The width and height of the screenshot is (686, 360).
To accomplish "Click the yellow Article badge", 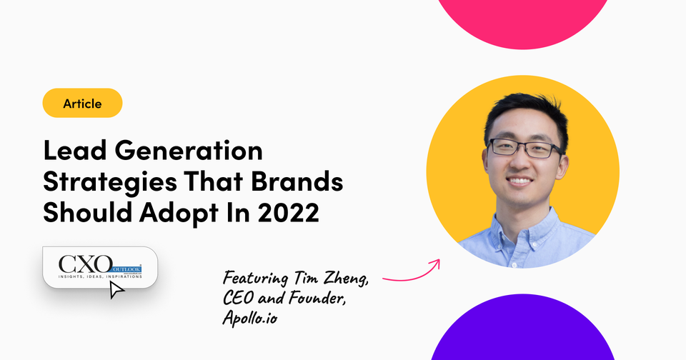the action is [82, 103].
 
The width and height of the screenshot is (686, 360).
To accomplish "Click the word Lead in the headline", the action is [75, 151].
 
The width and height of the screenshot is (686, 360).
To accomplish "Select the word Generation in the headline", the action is [189, 151].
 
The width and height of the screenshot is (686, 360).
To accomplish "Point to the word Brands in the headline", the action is [297, 181].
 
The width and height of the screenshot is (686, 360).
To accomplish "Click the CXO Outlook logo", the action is [100, 266].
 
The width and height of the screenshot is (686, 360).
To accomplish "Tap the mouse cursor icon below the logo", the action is [116, 290].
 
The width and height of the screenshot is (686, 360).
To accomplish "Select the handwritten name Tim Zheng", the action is [331, 279].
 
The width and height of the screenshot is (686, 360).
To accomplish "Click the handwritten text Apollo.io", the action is [250, 317].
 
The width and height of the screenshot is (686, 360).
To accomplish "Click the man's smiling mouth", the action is [520, 181].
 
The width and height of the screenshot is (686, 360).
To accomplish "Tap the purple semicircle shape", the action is [523, 328].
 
